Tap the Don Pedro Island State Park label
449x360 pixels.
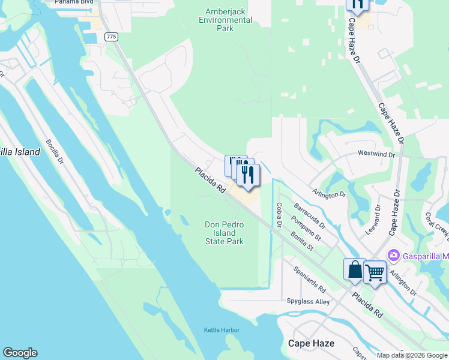[224, 233]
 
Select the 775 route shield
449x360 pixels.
[111, 37]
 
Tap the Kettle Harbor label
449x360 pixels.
[221, 330]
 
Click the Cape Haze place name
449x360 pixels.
[311, 343]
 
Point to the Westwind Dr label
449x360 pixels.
[376, 154]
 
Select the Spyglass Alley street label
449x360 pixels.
[308, 302]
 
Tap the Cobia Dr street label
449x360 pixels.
[279, 215]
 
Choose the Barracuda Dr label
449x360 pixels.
[309, 217]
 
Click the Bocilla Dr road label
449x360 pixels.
[55, 152]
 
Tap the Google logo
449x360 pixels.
[20, 353]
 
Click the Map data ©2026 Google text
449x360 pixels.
[412, 355]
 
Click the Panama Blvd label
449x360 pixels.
[75, 2]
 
